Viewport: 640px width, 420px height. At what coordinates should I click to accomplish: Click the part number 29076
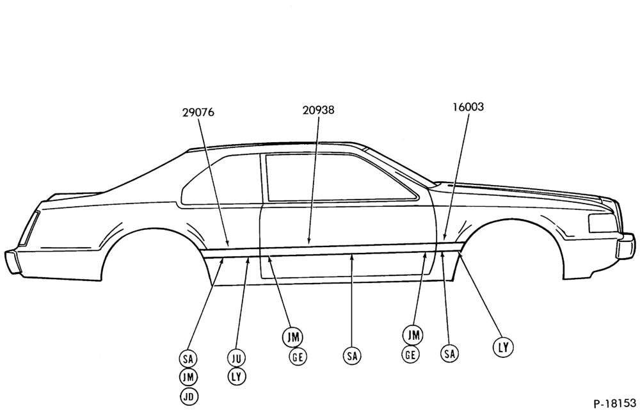(198, 112)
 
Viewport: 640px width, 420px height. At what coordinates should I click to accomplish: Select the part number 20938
(318, 110)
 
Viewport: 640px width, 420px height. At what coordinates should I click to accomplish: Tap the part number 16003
(468, 107)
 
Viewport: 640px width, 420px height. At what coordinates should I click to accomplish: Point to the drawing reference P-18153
(614, 403)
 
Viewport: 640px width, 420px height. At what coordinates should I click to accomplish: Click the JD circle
(189, 396)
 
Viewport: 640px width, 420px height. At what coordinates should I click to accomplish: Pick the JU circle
(236, 359)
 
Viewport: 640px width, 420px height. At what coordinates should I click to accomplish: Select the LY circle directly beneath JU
(236, 376)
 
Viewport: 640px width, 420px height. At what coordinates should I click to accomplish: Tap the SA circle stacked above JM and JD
(188, 359)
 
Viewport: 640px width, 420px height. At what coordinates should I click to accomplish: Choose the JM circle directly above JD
(188, 377)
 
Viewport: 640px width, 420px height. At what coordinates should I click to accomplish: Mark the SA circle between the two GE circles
(352, 356)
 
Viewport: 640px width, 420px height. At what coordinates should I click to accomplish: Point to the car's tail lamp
(30, 229)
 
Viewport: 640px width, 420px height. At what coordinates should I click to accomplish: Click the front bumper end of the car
(625, 245)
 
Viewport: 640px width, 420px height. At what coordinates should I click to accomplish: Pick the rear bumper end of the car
(13, 261)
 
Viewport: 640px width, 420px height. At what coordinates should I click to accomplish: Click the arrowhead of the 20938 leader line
(309, 241)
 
